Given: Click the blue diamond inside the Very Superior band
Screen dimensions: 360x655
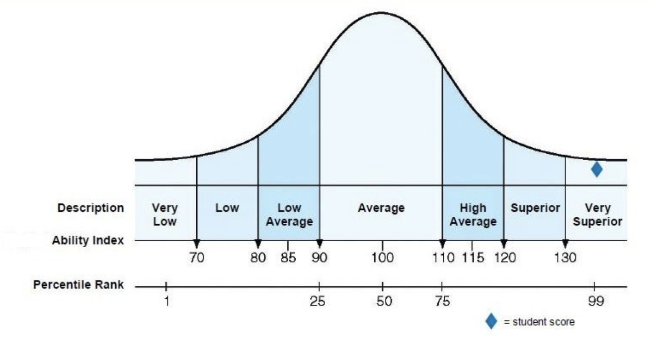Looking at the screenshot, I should tap(597, 170).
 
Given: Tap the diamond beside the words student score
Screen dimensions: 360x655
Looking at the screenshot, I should tap(491, 322).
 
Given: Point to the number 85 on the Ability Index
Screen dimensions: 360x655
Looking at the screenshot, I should tap(288, 258).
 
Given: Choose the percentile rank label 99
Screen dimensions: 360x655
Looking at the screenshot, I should tap(594, 302).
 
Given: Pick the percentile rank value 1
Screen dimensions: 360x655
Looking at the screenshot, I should tap(166, 302).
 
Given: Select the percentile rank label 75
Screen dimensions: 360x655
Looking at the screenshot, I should tap(441, 302).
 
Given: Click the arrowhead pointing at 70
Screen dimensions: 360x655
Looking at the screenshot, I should tap(197, 244).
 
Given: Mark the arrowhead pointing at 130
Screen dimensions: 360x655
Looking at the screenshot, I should tap(565, 244).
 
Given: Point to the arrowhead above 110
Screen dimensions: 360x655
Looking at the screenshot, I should tap(442, 244).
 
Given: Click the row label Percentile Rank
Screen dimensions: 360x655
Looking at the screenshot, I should tap(79, 285).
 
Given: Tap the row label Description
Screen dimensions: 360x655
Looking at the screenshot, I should tap(90, 208).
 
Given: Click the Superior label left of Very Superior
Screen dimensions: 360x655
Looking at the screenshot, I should tap(535, 208).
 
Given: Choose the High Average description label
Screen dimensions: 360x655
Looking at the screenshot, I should tap(473, 215).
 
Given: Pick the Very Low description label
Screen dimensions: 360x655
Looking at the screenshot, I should tap(165, 215).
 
